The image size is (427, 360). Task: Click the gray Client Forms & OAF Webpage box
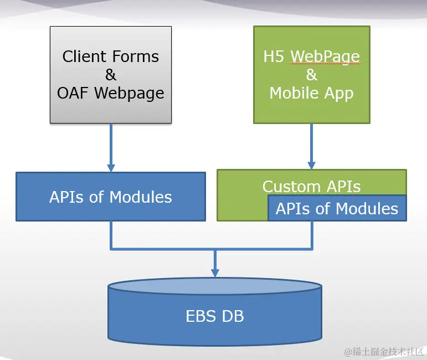click(111, 74)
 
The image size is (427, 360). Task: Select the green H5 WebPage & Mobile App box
click(311, 74)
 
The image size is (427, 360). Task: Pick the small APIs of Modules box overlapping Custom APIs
click(337, 208)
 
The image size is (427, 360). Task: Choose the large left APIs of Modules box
click(111, 197)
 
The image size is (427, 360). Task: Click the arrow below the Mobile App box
click(311, 146)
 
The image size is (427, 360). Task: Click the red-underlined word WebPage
click(325, 56)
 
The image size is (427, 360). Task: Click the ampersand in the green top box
click(311, 75)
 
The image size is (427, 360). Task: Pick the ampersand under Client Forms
click(111, 75)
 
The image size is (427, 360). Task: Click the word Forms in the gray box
click(136, 56)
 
